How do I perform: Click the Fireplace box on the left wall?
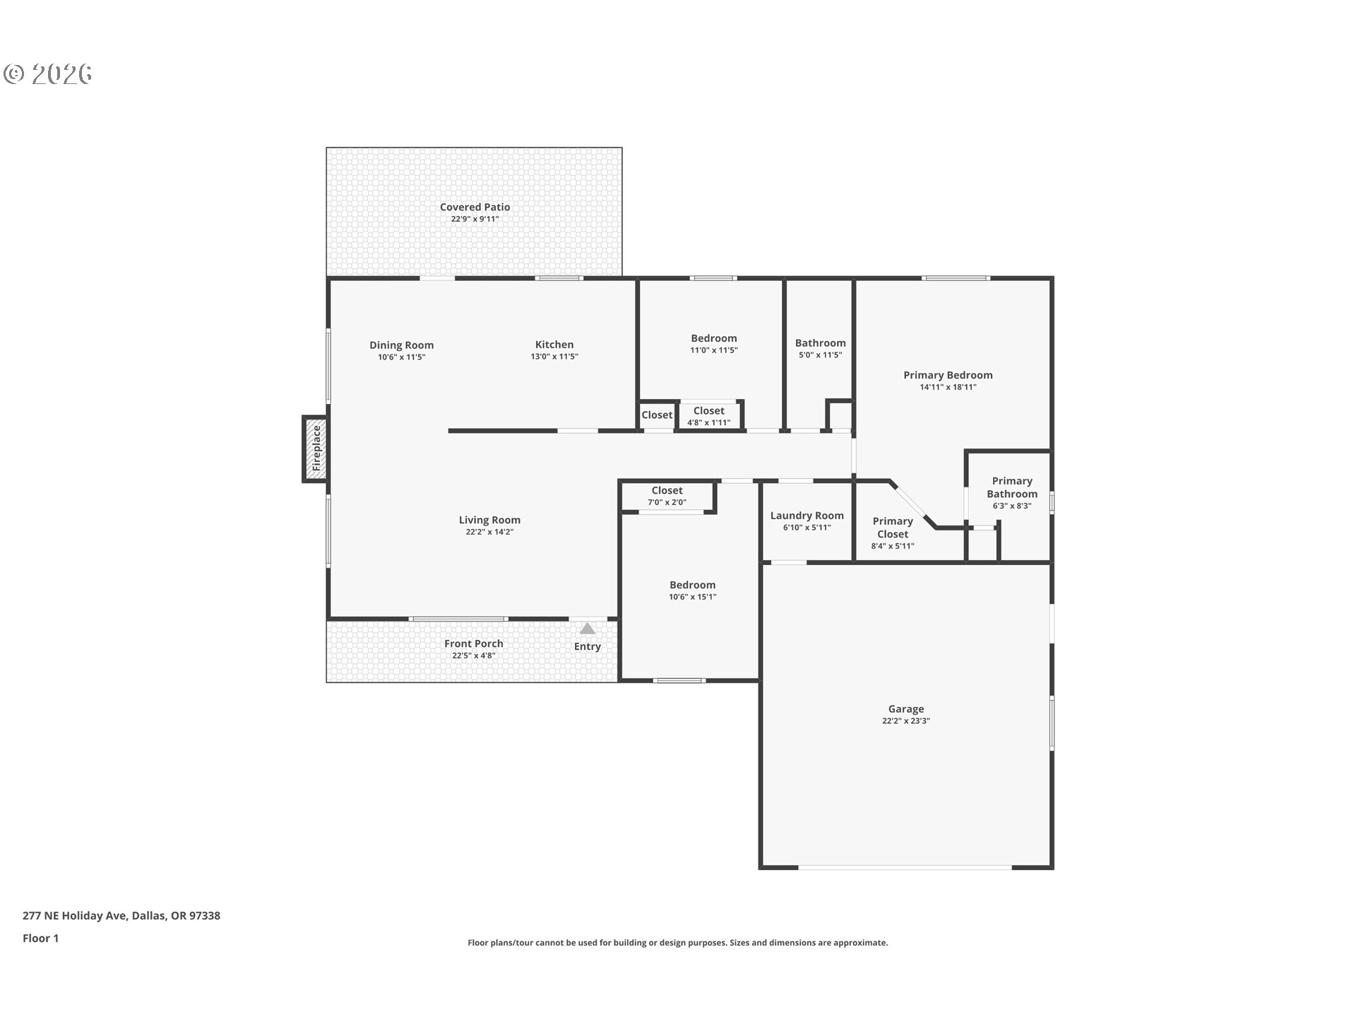click(316, 449)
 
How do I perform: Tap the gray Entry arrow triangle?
click(587, 629)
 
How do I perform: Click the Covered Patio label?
click(475, 207)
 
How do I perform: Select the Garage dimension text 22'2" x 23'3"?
click(906, 721)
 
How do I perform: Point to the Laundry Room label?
click(807, 516)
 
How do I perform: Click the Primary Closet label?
click(893, 528)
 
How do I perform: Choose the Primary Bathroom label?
click(1012, 487)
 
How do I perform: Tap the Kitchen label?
click(554, 345)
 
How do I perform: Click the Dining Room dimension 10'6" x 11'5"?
click(401, 357)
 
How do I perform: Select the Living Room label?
click(489, 520)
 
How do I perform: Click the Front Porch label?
click(474, 643)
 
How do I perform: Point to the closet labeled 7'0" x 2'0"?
click(667, 496)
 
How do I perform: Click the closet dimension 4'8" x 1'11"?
click(708, 423)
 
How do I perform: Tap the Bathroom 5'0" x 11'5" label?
click(820, 348)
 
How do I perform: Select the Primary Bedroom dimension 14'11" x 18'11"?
click(948, 387)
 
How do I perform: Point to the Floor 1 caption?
click(40, 938)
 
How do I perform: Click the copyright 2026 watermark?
click(47, 74)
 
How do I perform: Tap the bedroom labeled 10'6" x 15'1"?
click(692, 590)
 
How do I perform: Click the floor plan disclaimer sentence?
click(677, 943)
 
